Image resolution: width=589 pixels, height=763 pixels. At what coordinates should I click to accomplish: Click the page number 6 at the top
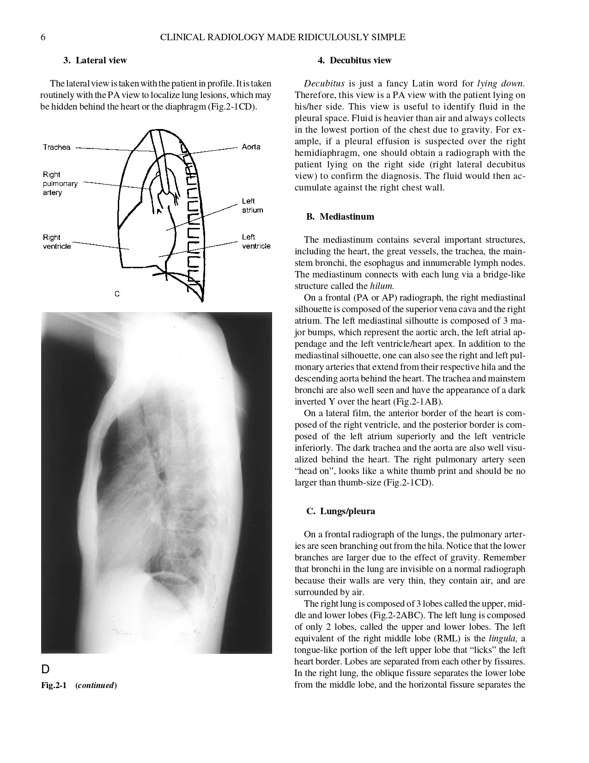43,37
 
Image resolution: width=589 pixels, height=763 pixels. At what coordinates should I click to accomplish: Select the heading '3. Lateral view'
95,60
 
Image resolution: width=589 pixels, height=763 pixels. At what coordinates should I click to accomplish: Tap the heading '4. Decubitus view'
354,60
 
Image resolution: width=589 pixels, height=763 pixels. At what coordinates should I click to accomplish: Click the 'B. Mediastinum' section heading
340,216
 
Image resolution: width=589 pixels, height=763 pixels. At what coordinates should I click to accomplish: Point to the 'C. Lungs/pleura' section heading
340,511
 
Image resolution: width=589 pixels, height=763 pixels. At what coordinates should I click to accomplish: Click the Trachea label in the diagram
56,147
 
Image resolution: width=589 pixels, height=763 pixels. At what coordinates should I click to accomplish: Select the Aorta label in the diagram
251,147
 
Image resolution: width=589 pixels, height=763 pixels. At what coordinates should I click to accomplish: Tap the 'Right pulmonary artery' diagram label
60,183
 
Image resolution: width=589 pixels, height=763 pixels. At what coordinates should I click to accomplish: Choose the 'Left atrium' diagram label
252,205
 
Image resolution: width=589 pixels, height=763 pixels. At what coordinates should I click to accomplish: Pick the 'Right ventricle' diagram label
56,242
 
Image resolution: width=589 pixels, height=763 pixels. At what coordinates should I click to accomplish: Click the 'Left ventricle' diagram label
256,241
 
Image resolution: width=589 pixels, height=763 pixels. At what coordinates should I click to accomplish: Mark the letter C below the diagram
117,294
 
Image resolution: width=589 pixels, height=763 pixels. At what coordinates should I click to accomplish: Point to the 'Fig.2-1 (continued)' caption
79,685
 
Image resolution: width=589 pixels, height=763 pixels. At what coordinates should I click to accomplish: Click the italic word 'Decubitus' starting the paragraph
324,84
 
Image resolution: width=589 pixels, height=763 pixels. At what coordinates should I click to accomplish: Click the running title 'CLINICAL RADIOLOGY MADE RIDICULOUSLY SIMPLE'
282,37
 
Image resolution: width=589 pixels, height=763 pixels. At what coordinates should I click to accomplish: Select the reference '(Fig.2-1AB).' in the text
420,401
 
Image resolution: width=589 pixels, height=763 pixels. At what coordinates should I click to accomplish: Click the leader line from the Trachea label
111,149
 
